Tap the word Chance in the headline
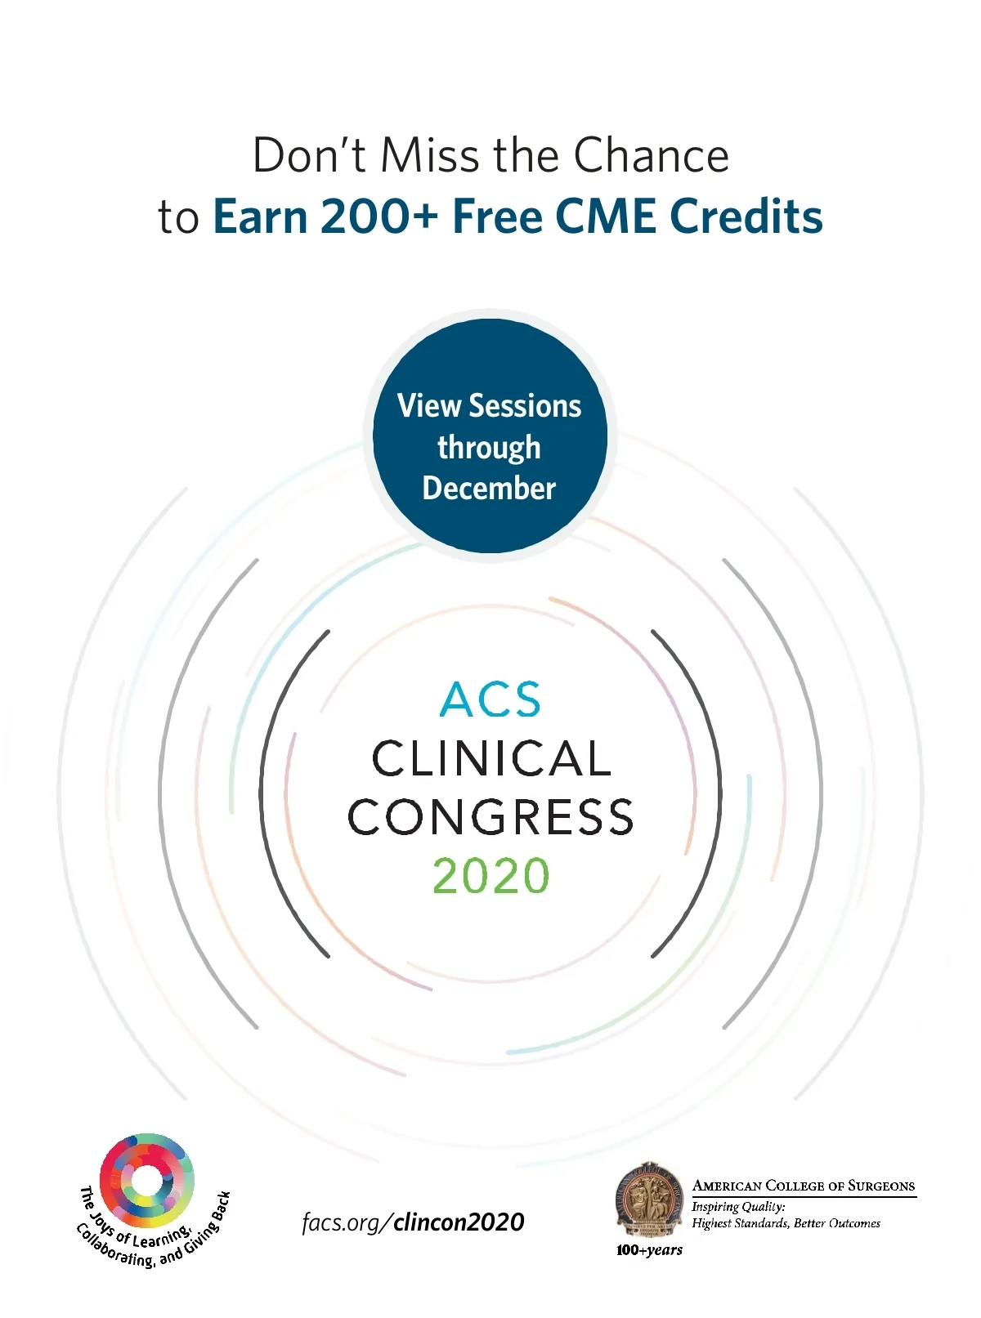(x=651, y=155)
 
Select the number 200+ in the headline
(x=380, y=217)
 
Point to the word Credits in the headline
(x=746, y=217)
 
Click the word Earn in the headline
(x=261, y=217)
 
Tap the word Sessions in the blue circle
(x=525, y=406)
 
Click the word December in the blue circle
(x=490, y=488)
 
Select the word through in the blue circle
(x=490, y=449)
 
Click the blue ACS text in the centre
(x=490, y=699)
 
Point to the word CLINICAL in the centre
(x=491, y=759)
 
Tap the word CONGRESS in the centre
(x=491, y=817)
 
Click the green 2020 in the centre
(x=491, y=875)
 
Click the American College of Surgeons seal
(x=649, y=1200)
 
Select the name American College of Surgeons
(x=804, y=1186)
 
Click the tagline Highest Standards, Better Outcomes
(x=786, y=1223)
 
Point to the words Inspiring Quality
(x=738, y=1207)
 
